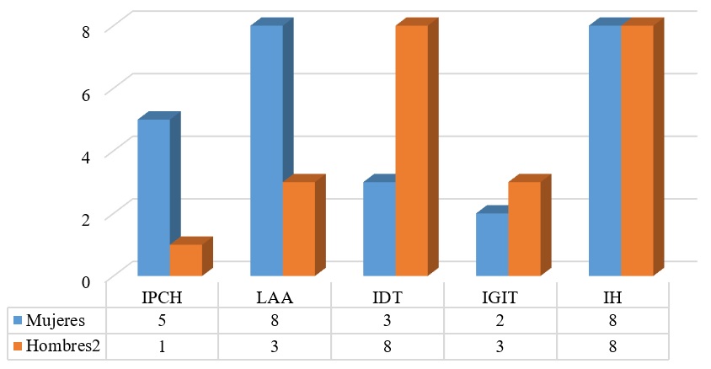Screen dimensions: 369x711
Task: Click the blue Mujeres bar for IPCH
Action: coord(153,197)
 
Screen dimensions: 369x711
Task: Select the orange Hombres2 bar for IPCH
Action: coord(185,259)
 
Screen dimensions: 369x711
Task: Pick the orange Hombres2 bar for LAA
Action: coord(298,228)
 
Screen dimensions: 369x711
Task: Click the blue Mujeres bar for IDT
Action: coord(379,228)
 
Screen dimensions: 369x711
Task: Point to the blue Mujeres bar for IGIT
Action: coord(492,244)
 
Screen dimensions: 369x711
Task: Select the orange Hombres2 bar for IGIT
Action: coord(524,228)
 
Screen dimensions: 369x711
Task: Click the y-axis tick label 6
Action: coord(85,93)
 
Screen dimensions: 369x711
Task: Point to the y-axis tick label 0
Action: coord(85,281)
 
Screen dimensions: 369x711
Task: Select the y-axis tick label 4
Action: coord(85,155)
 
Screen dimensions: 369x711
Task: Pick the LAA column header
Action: coord(275,298)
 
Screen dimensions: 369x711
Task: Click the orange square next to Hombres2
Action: coord(17,345)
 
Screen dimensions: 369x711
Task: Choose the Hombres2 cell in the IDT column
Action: coord(388,345)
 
